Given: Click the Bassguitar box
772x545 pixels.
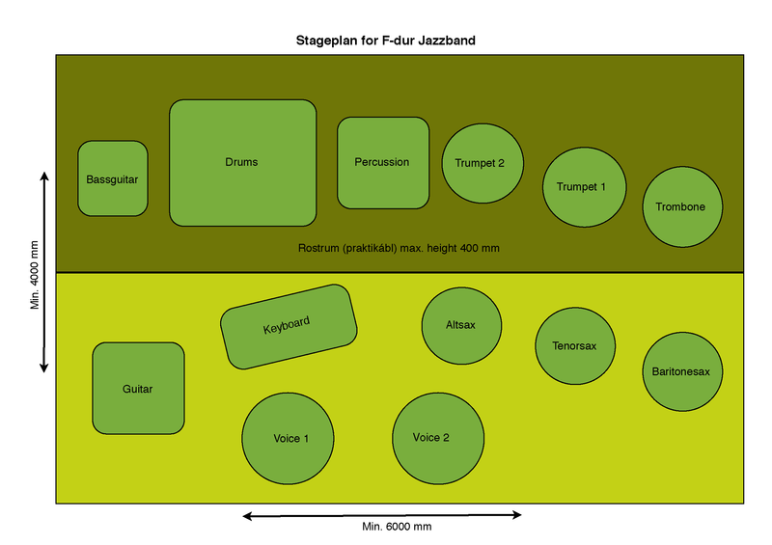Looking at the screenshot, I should tap(113, 178).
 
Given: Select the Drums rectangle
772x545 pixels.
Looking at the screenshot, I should tap(243, 163).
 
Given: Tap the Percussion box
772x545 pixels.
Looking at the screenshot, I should tap(383, 163).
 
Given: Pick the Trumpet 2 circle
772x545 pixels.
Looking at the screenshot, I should tap(482, 163).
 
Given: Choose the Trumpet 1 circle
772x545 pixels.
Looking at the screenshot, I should tap(584, 187).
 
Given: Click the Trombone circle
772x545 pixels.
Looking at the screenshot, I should tap(682, 206).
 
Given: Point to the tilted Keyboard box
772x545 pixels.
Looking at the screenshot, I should tap(289, 326).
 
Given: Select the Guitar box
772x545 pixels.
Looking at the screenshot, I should tap(138, 389).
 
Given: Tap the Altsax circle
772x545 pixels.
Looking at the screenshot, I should tap(461, 325).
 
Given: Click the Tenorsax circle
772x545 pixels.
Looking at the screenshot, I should tap(575, 345).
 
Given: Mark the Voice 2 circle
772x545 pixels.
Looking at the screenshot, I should tap(432, 437).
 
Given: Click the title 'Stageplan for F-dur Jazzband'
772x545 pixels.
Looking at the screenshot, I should tap(386, 41).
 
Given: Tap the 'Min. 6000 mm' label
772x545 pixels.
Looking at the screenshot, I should tap(398, 527).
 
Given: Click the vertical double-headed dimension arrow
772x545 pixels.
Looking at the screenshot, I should tap(44, 273).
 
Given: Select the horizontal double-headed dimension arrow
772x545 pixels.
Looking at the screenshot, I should tap(381, 515).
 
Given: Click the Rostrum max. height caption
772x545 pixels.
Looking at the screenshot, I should tap(400, 249).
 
